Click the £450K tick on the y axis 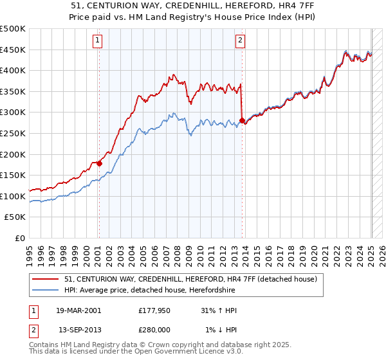13,50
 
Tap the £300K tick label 13,113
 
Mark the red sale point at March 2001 100,164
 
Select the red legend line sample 46,280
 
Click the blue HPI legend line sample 46,291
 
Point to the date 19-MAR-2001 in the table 80,310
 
